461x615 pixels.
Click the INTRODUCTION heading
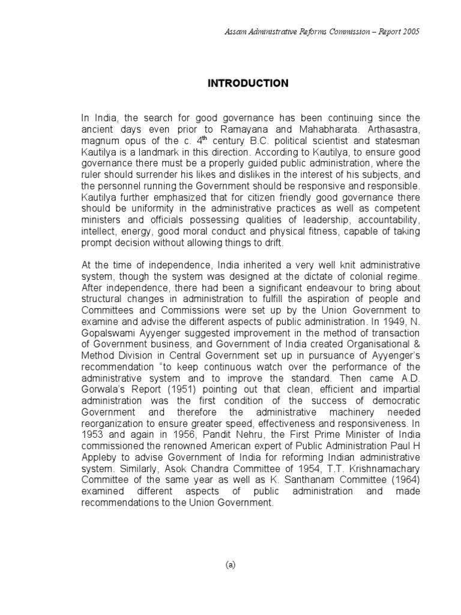coord(248,83)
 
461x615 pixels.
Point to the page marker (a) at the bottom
coord(230,565)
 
